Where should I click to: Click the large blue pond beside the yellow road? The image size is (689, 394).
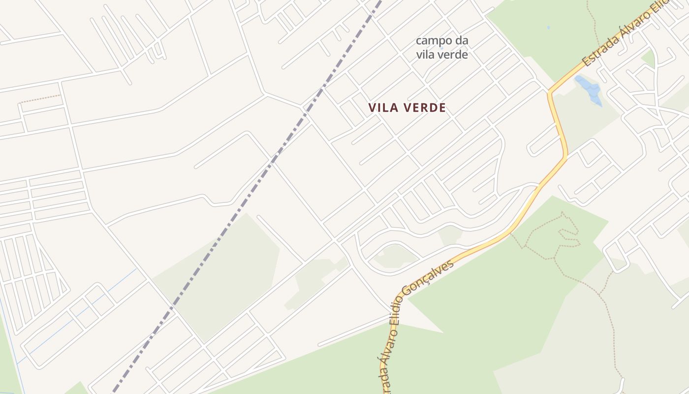pyautogui.click(x=589, y=89)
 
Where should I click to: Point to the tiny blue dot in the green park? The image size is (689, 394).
pyautogui.click(x=548, y=28)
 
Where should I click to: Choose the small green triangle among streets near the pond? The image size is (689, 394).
pyautogui.click(x=649, y=58)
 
